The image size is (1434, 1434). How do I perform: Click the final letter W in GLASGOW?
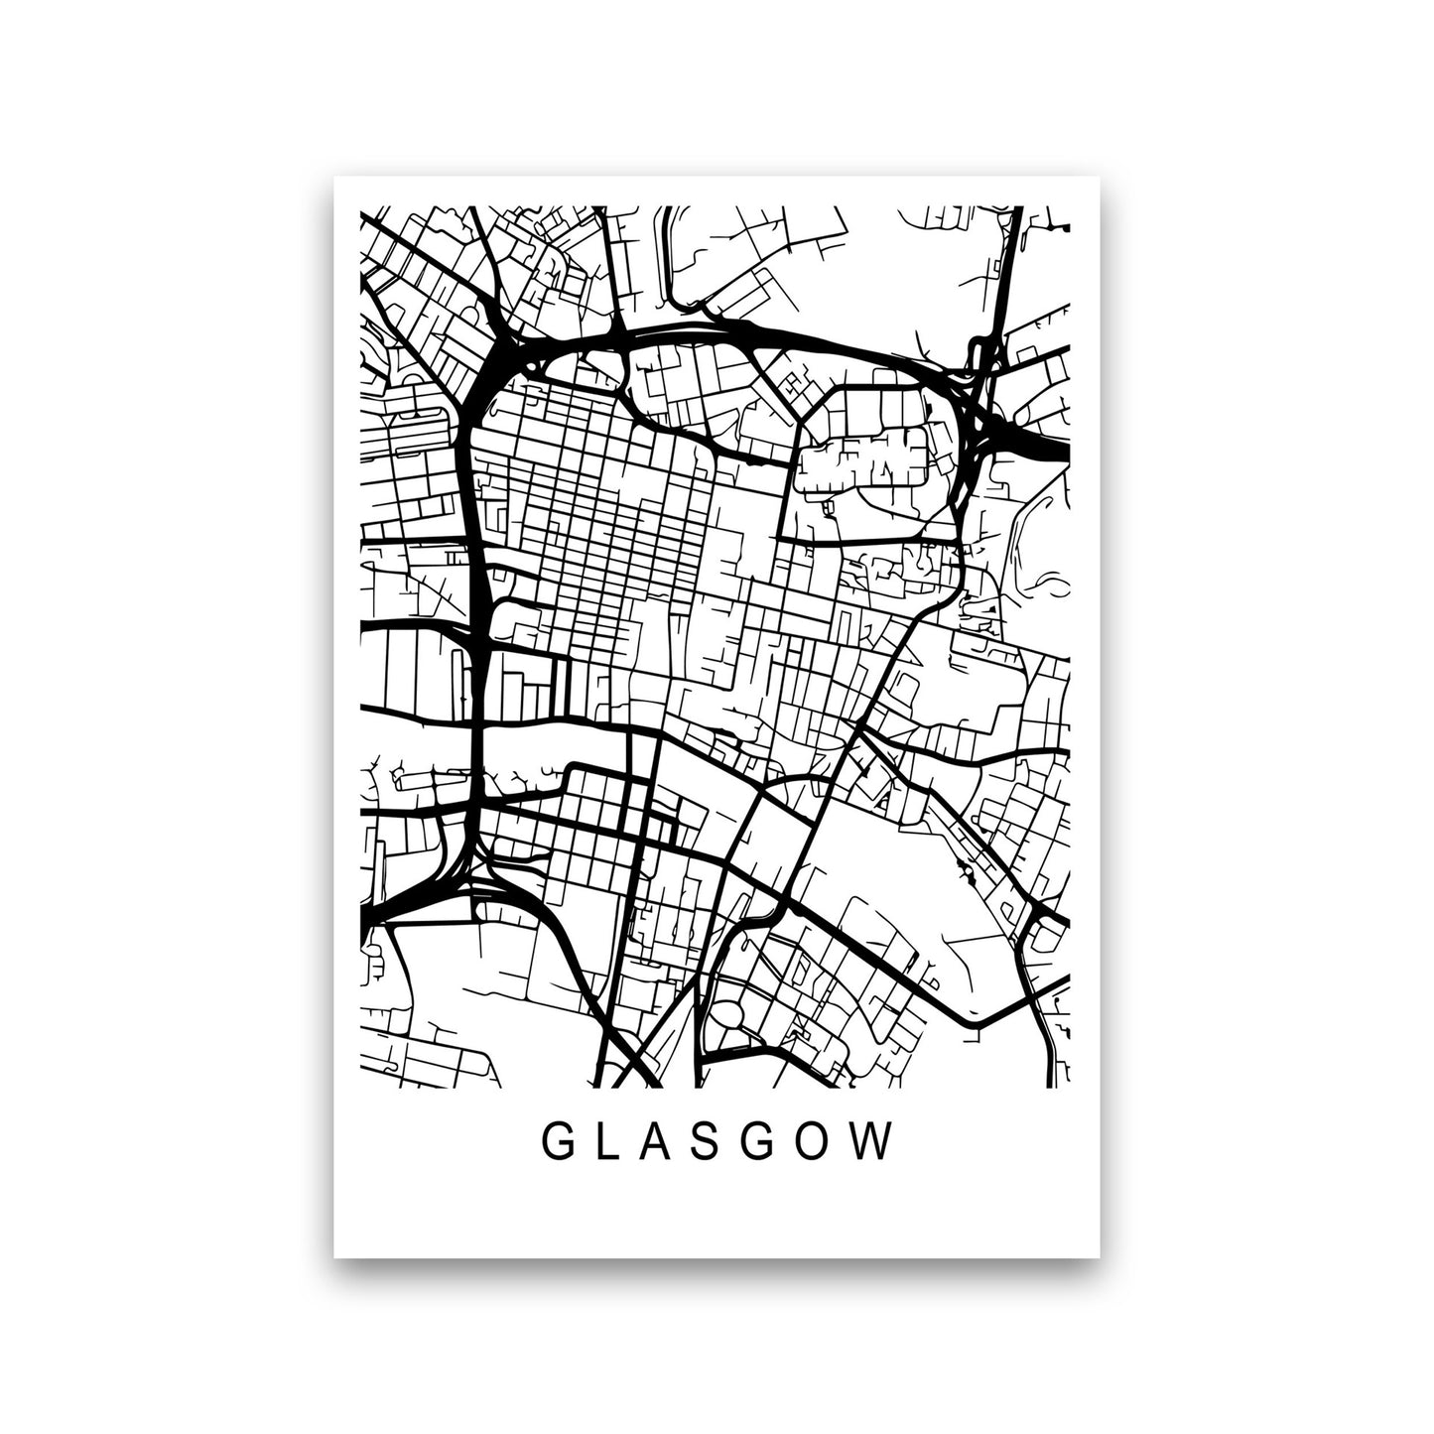pyautogui.click(x=878, y=1142)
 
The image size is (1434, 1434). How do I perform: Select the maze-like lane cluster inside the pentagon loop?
pyautogui.click(x=863, y=456)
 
